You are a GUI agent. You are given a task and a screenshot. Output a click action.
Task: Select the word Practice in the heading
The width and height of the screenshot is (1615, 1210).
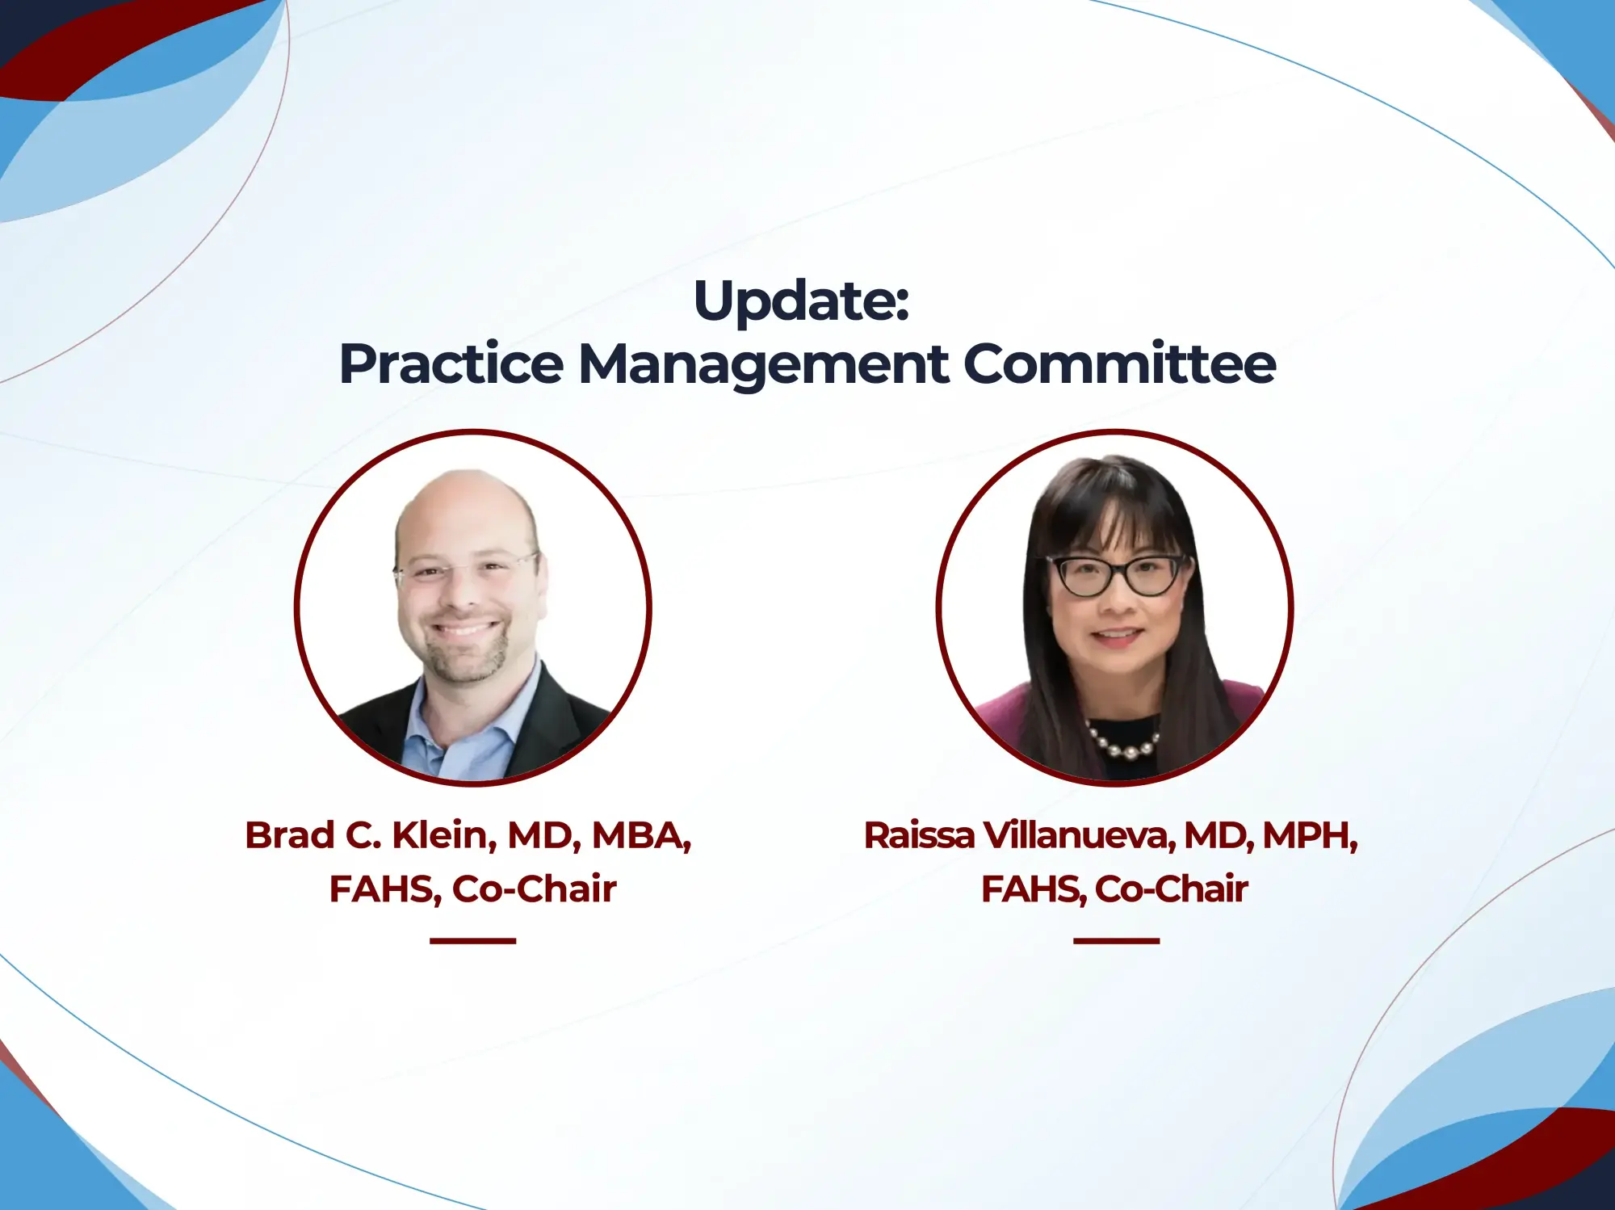coord(451,364)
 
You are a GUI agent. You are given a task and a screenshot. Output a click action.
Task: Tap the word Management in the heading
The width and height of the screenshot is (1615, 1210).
coord(763,364)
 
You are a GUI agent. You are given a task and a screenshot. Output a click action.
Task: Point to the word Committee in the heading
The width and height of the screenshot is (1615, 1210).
coord(1119,364)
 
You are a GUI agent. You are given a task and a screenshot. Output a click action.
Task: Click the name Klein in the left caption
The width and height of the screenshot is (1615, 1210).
coord(443,835)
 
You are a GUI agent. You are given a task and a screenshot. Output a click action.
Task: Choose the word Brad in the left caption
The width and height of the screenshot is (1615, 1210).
coord(290,835)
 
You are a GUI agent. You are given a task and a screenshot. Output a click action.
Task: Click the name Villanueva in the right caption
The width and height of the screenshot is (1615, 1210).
coord(1078,835)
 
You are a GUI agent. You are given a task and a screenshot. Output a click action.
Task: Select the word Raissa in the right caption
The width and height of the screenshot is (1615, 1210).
coord(919,835)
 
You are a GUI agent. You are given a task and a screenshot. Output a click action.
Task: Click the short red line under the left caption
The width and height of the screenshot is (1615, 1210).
coord(472,941)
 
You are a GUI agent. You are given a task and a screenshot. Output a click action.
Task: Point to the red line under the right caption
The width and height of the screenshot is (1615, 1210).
coord(1116,941)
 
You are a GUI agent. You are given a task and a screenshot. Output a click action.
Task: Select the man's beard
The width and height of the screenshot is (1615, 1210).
coord(464,658)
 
